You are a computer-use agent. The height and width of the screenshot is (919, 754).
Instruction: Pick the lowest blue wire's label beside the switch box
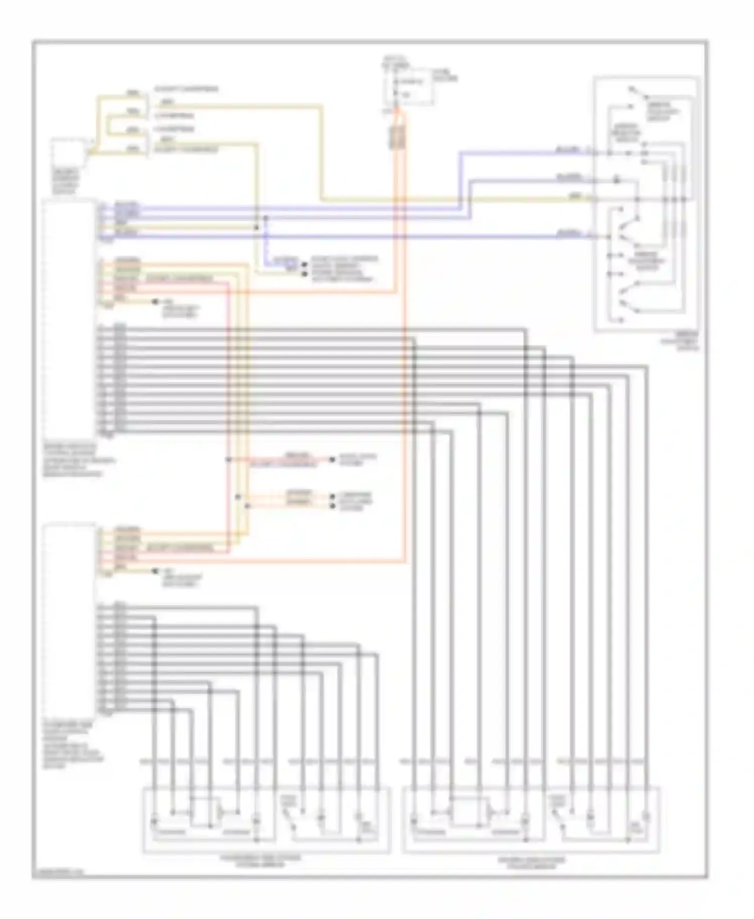pos(568,233)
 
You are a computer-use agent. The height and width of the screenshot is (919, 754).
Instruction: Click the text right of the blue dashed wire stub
pos(345,268)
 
